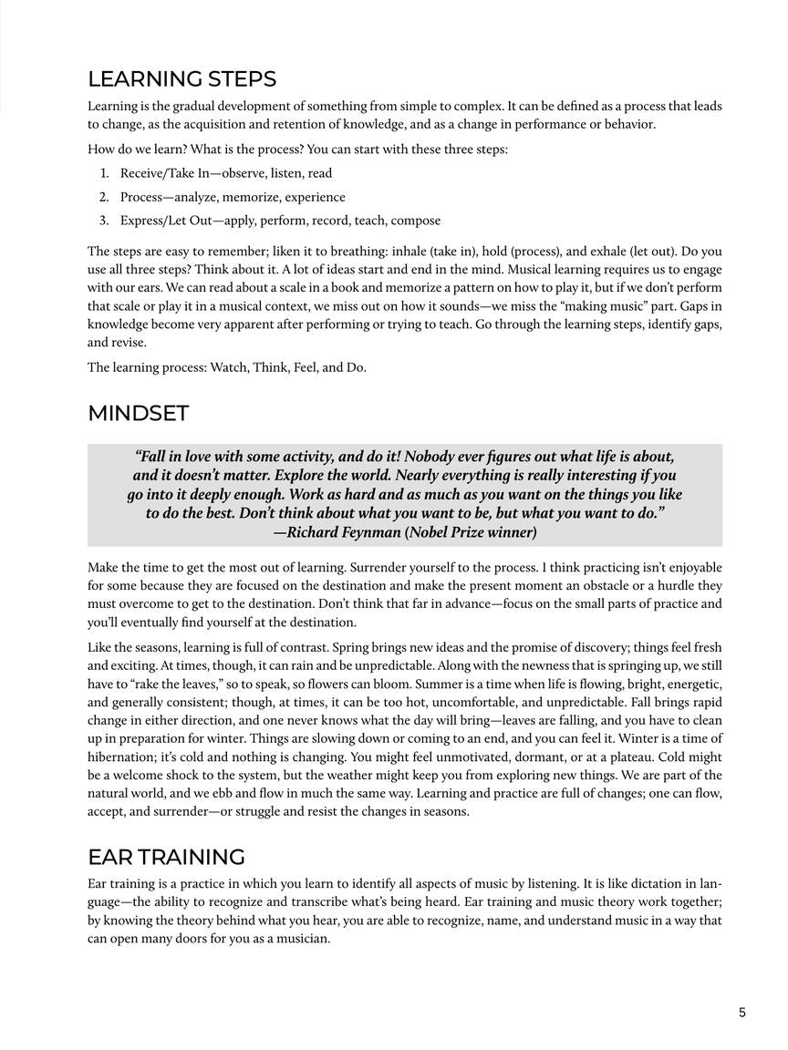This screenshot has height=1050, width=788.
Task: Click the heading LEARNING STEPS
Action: pyautogui.click(x=181, y=78)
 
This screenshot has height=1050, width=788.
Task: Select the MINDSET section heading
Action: pyautogui.click(x=138, y=413)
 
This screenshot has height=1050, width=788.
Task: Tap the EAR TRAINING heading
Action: pyautogui.click(x=166, y=857)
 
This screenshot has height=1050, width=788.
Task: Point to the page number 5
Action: pyautogui.click(x=742, y=1012)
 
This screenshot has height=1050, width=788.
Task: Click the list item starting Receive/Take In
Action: pyautogui.click(x=225, y=173)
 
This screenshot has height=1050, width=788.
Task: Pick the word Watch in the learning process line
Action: pyautogui.click(x=228, y=367)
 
